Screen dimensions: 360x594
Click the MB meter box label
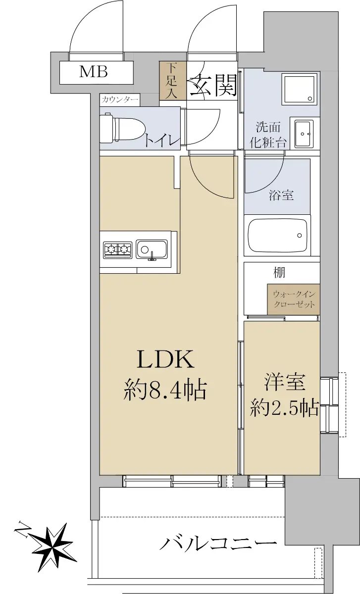pos(94,71)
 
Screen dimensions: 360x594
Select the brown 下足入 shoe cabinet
pos(173,81)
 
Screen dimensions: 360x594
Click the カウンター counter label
pos(120,99)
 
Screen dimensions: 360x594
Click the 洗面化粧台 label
pos(268,135)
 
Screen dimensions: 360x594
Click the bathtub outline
pos(277,236)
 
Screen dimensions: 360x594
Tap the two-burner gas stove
pos(117,249)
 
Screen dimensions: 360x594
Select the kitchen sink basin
pos(152,249)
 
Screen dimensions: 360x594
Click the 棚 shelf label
pos(279,273)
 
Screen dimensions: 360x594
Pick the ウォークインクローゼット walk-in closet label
pos(294,299)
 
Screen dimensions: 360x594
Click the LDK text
pos(165,359)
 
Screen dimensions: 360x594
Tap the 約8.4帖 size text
pos(165,390)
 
